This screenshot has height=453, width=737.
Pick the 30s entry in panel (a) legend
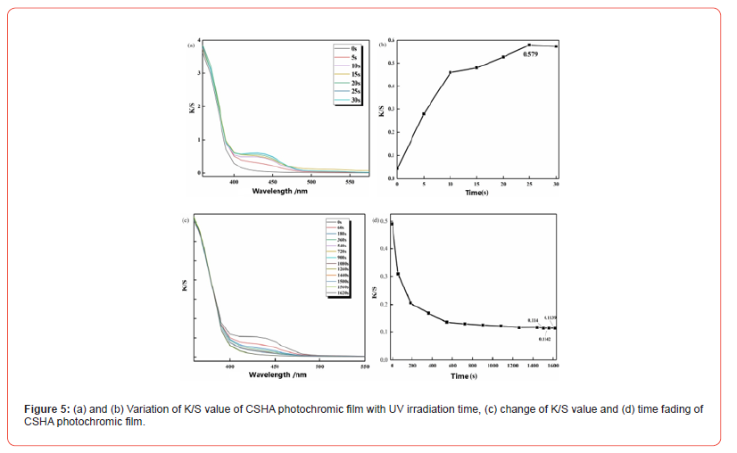[x=355, y=100]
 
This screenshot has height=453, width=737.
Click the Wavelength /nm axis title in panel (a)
[x=277, y=190]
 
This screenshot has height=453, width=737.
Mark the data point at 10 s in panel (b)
[x=451, y=72]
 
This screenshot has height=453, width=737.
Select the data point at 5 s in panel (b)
[x=424, y=113]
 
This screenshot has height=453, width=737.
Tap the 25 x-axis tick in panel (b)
[x=530, y=183]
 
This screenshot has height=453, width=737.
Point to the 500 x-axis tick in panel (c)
[x=319, y=367]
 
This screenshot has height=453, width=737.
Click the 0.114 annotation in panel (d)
[x=533, y=320]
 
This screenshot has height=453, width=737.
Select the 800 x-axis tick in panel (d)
[x=472, y=367]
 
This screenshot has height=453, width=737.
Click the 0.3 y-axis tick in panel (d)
[x=384, y=276]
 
